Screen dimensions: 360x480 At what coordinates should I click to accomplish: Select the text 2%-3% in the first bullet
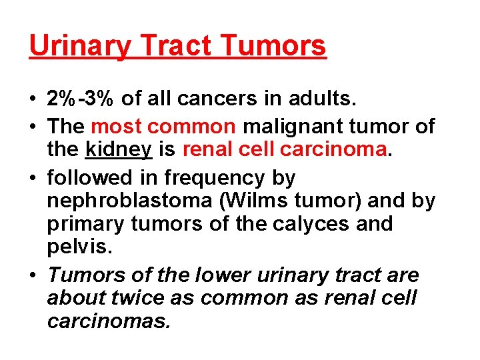81,99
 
